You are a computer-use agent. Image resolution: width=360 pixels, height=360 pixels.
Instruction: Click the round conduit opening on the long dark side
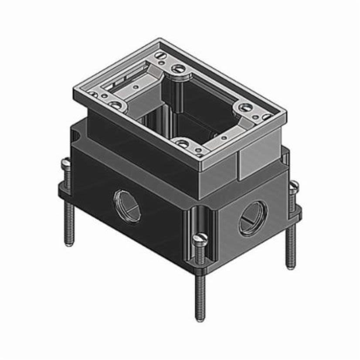(x=127, y=206)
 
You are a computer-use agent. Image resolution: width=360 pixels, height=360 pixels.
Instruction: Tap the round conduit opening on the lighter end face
(x=253, y=218)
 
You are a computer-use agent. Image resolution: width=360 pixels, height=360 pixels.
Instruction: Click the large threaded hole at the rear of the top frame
(x=178, y=68)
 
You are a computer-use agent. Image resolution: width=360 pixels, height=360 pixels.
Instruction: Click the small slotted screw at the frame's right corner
(x=266, y=116)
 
